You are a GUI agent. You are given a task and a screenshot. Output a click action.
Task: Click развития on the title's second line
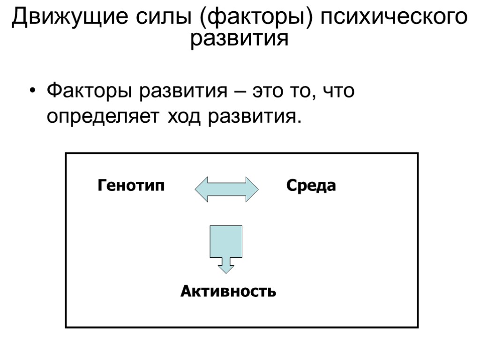239,39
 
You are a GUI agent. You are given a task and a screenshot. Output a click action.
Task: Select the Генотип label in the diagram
131,186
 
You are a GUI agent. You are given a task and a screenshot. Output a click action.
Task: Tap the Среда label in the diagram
311,186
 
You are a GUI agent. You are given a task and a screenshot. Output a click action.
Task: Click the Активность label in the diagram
228,292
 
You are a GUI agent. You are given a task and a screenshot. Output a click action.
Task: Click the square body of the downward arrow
226,241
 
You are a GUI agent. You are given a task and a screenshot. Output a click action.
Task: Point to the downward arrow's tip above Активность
226,269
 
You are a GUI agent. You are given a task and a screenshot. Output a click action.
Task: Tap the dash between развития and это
241,92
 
